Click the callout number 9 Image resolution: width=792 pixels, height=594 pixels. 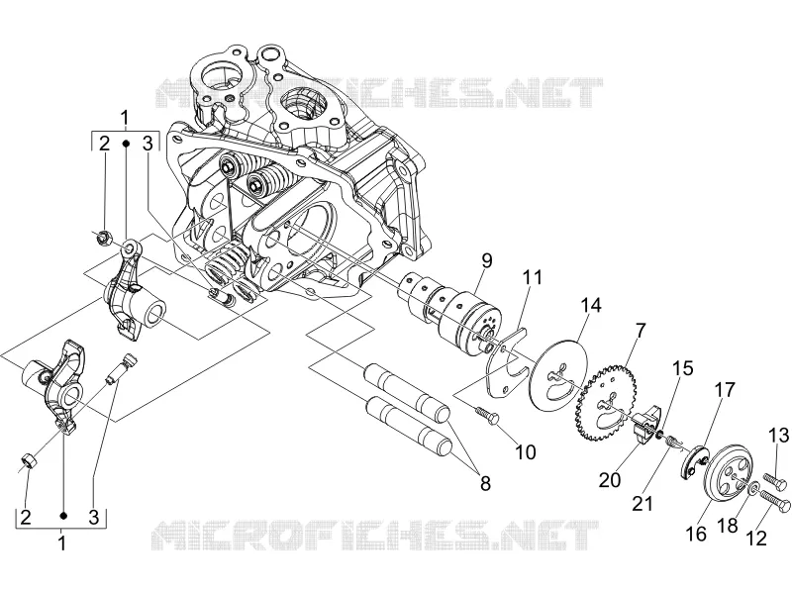486,261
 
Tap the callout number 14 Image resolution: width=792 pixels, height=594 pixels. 591,306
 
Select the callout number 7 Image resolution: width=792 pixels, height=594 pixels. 640,332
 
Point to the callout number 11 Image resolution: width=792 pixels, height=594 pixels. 532,277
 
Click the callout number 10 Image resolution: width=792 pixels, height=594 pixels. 526,452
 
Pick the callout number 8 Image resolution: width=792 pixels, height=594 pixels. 485,483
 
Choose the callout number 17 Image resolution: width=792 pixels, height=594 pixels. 725,391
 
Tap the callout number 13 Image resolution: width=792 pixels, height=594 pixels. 779,435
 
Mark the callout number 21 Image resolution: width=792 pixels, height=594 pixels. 643,504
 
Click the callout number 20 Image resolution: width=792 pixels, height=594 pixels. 610,479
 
